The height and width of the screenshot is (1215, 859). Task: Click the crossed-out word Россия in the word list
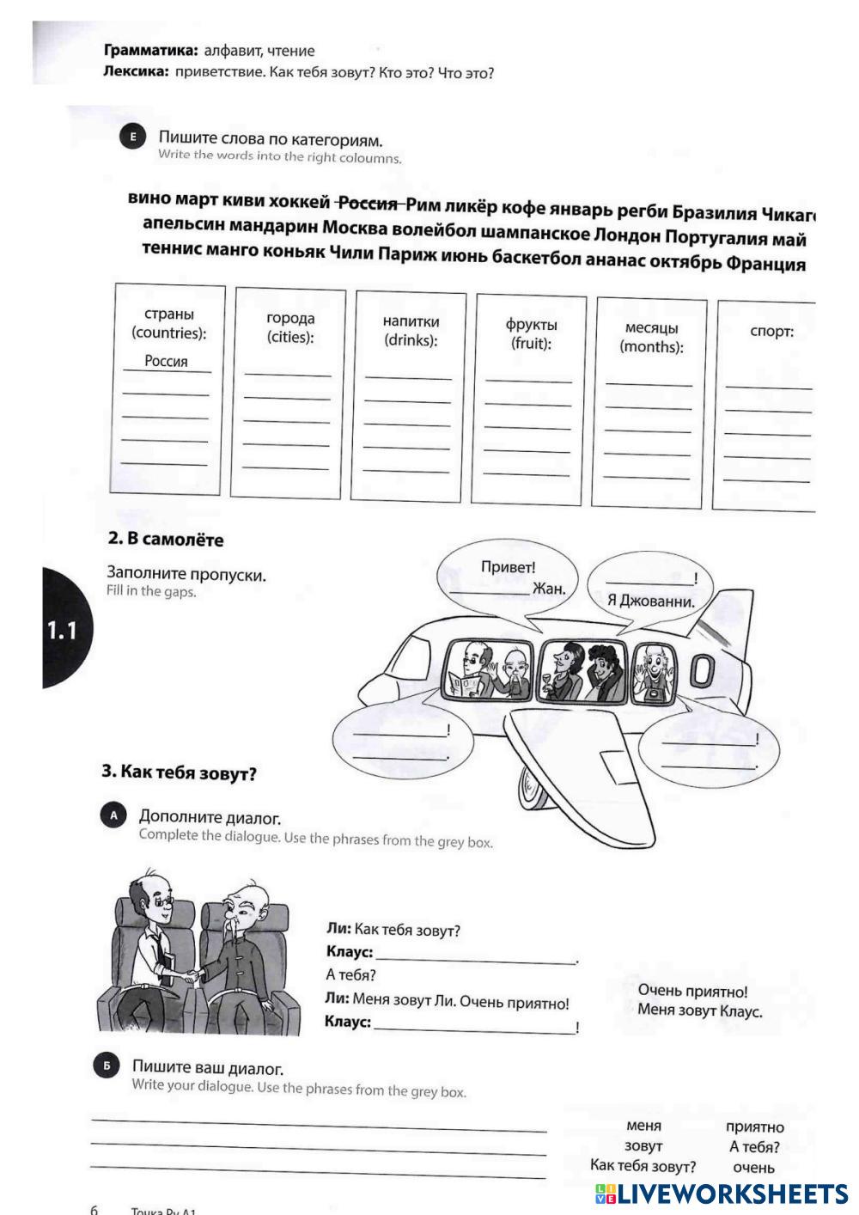[x=369, y=204]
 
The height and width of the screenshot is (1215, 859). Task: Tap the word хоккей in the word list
[x=299, y=202]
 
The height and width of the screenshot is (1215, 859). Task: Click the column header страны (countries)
[x=168, y=323]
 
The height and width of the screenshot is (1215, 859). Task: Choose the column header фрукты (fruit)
[x=531, y=333]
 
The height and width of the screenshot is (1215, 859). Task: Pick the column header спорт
[x=771, y=332]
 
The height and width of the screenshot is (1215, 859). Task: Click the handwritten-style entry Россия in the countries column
[x=166, y=361]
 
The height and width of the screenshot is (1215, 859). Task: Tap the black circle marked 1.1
[x=64, y=630]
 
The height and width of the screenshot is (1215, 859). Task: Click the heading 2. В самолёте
[x=165, y=540]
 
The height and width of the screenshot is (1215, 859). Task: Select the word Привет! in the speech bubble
[x=508, y=567]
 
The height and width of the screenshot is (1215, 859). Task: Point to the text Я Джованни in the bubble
[x=650, y=601]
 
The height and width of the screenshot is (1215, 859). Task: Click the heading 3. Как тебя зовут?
[x=179, y=772]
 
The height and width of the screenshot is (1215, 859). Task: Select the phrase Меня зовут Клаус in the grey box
[x=699, y=1010]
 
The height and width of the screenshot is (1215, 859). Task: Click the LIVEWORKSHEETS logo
[x=721, y=1193]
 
